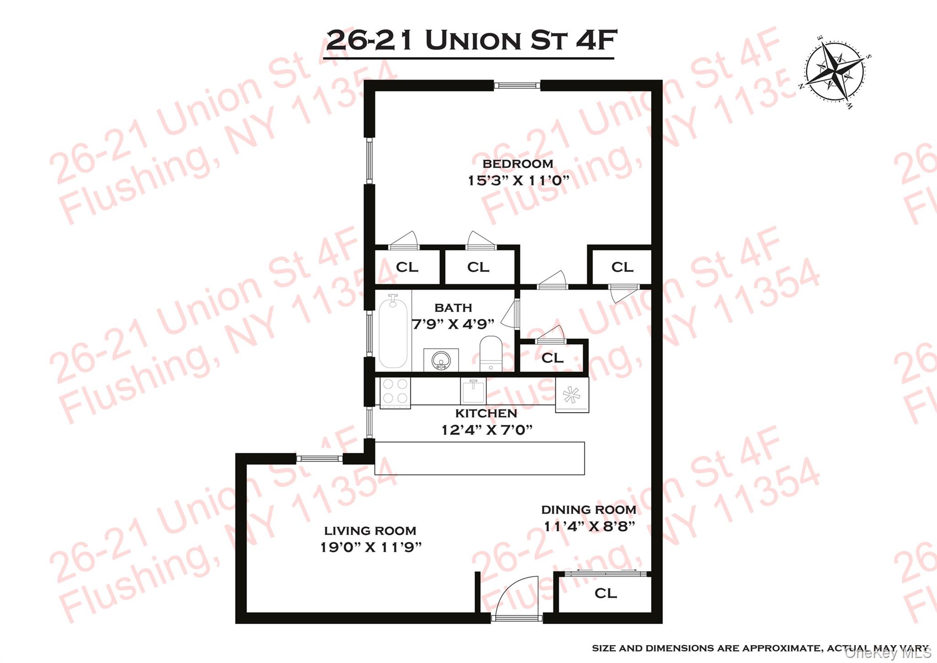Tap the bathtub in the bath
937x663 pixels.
(x=393, y=331)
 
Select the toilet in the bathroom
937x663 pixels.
(x=491, y=353)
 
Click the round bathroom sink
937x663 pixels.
(x=441, y=360)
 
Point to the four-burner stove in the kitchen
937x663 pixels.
(x=395, y=392)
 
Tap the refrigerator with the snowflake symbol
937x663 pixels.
(x=572, y=395)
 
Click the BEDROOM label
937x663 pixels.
(x=517, y=163)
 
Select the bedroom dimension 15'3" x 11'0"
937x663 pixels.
(x=517, y=180)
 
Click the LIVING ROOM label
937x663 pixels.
(x=370, y=531)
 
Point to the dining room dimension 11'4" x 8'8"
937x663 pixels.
(x=589, y=526)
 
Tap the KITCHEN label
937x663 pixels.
(x=486, y=413)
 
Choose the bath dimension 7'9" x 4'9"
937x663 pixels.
(x=453, y=324)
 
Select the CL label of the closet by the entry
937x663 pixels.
(x=605, y=593)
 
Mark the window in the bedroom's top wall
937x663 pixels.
(x=517, y=85)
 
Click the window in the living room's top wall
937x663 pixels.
(x=319, y=458)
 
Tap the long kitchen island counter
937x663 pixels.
(x=479, y=458)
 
